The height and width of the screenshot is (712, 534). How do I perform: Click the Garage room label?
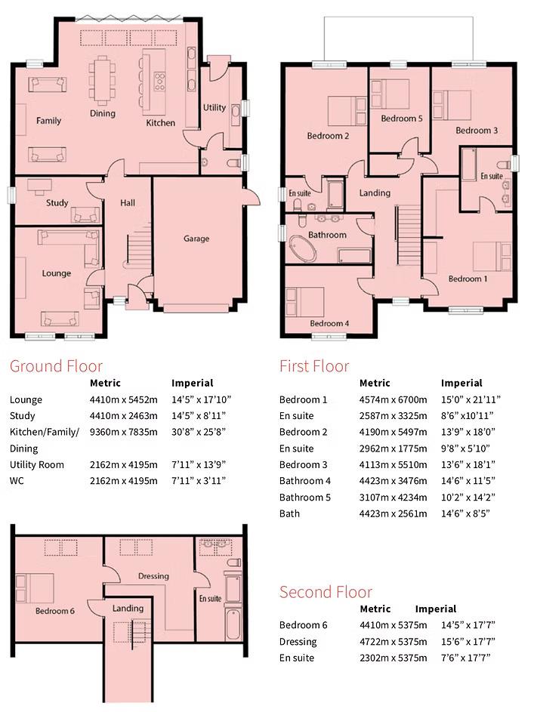196,239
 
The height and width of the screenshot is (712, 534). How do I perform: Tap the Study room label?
57,203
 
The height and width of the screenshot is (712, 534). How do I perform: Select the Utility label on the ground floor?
215,108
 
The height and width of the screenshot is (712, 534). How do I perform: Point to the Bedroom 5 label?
401,119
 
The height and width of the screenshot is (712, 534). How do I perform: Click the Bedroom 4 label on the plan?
329,324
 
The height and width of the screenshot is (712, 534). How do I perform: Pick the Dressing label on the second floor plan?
153,577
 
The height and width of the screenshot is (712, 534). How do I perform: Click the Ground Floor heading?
56,367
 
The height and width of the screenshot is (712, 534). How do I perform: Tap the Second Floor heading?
326,592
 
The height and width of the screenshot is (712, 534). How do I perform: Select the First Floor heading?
314,367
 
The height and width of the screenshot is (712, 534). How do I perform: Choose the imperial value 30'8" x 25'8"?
199,432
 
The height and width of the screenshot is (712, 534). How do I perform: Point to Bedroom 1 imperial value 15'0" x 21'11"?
471,399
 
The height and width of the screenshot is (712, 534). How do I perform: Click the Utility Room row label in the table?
37,464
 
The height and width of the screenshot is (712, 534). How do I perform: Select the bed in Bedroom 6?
35,588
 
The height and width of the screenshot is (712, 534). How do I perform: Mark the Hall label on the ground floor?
128,202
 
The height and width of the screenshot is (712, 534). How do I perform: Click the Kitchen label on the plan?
160,123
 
